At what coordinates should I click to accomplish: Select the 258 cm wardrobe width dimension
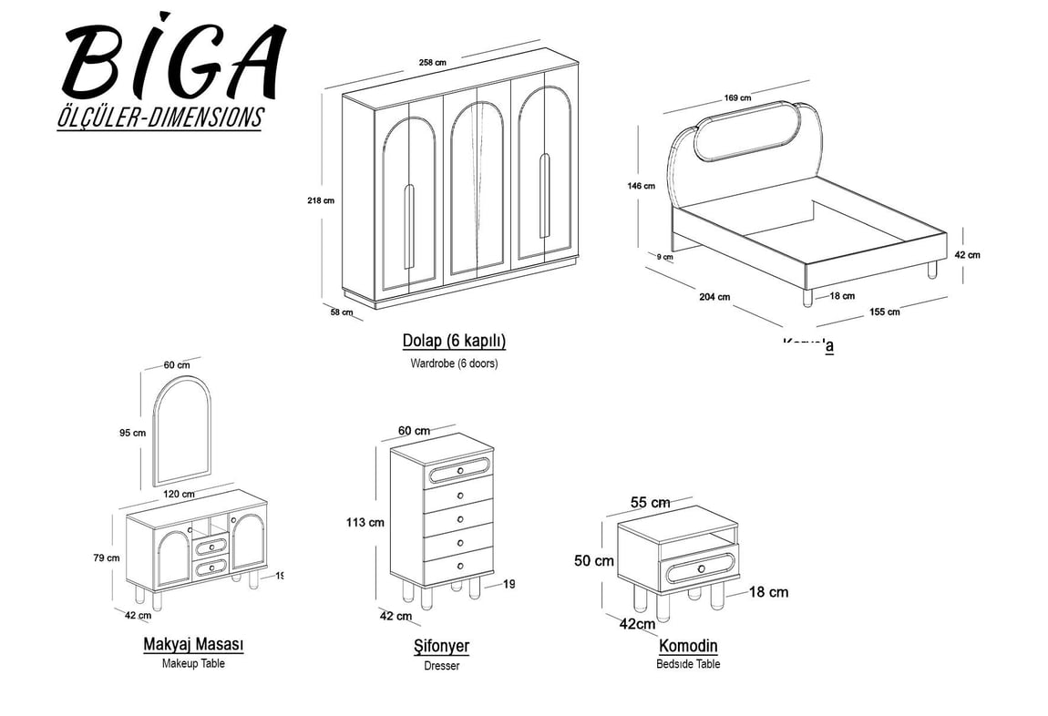coord(432,62)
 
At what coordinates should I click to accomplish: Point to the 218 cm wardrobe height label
coord(321,200)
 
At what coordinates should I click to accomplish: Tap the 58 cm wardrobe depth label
coord(341,312)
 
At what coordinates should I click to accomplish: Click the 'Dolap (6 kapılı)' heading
coord(454,342)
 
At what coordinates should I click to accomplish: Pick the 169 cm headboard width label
coord(737,97)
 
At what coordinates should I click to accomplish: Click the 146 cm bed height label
coord(641,186)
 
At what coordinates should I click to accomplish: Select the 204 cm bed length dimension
coord(715,296)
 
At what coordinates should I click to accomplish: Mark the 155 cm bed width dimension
coord(884,312)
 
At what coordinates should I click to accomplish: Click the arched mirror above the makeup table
coord(182,430)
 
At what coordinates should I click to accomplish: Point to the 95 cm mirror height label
coord(132,433)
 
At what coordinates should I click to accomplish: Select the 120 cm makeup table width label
coord(179,494)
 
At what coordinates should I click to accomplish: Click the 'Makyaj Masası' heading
coord(193,645)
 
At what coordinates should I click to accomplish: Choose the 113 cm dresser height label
coord(364,522)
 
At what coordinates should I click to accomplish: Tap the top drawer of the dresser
coord(459,471)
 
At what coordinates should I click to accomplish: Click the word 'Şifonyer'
coord(441,647)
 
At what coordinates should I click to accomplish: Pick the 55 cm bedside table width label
coord(651,503)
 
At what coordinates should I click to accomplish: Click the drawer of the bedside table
coord(700,569)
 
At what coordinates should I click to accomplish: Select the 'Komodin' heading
coord(688,646)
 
